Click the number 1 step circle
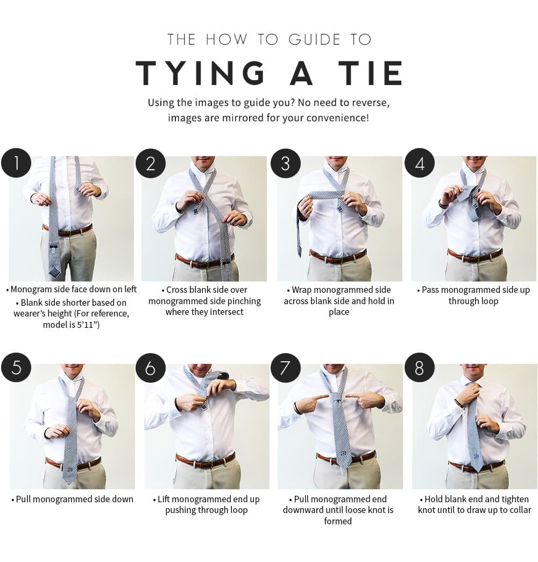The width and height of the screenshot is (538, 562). click(16, 163)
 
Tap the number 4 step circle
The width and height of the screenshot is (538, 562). click(420, 163)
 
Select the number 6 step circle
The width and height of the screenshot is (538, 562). click(151, 368)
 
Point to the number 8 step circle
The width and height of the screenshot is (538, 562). click(420, 368)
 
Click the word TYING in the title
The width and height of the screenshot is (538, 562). click(200, 73)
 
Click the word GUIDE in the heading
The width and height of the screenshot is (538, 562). click(315, 39)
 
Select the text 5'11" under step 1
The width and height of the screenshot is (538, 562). click(88, 325)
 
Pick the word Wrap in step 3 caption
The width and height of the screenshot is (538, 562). click(302, 290)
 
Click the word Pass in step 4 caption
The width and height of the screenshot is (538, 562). click(430, 290)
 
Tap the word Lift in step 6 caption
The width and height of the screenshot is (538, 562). click(164, 499)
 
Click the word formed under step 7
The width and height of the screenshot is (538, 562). click(338, 521)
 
